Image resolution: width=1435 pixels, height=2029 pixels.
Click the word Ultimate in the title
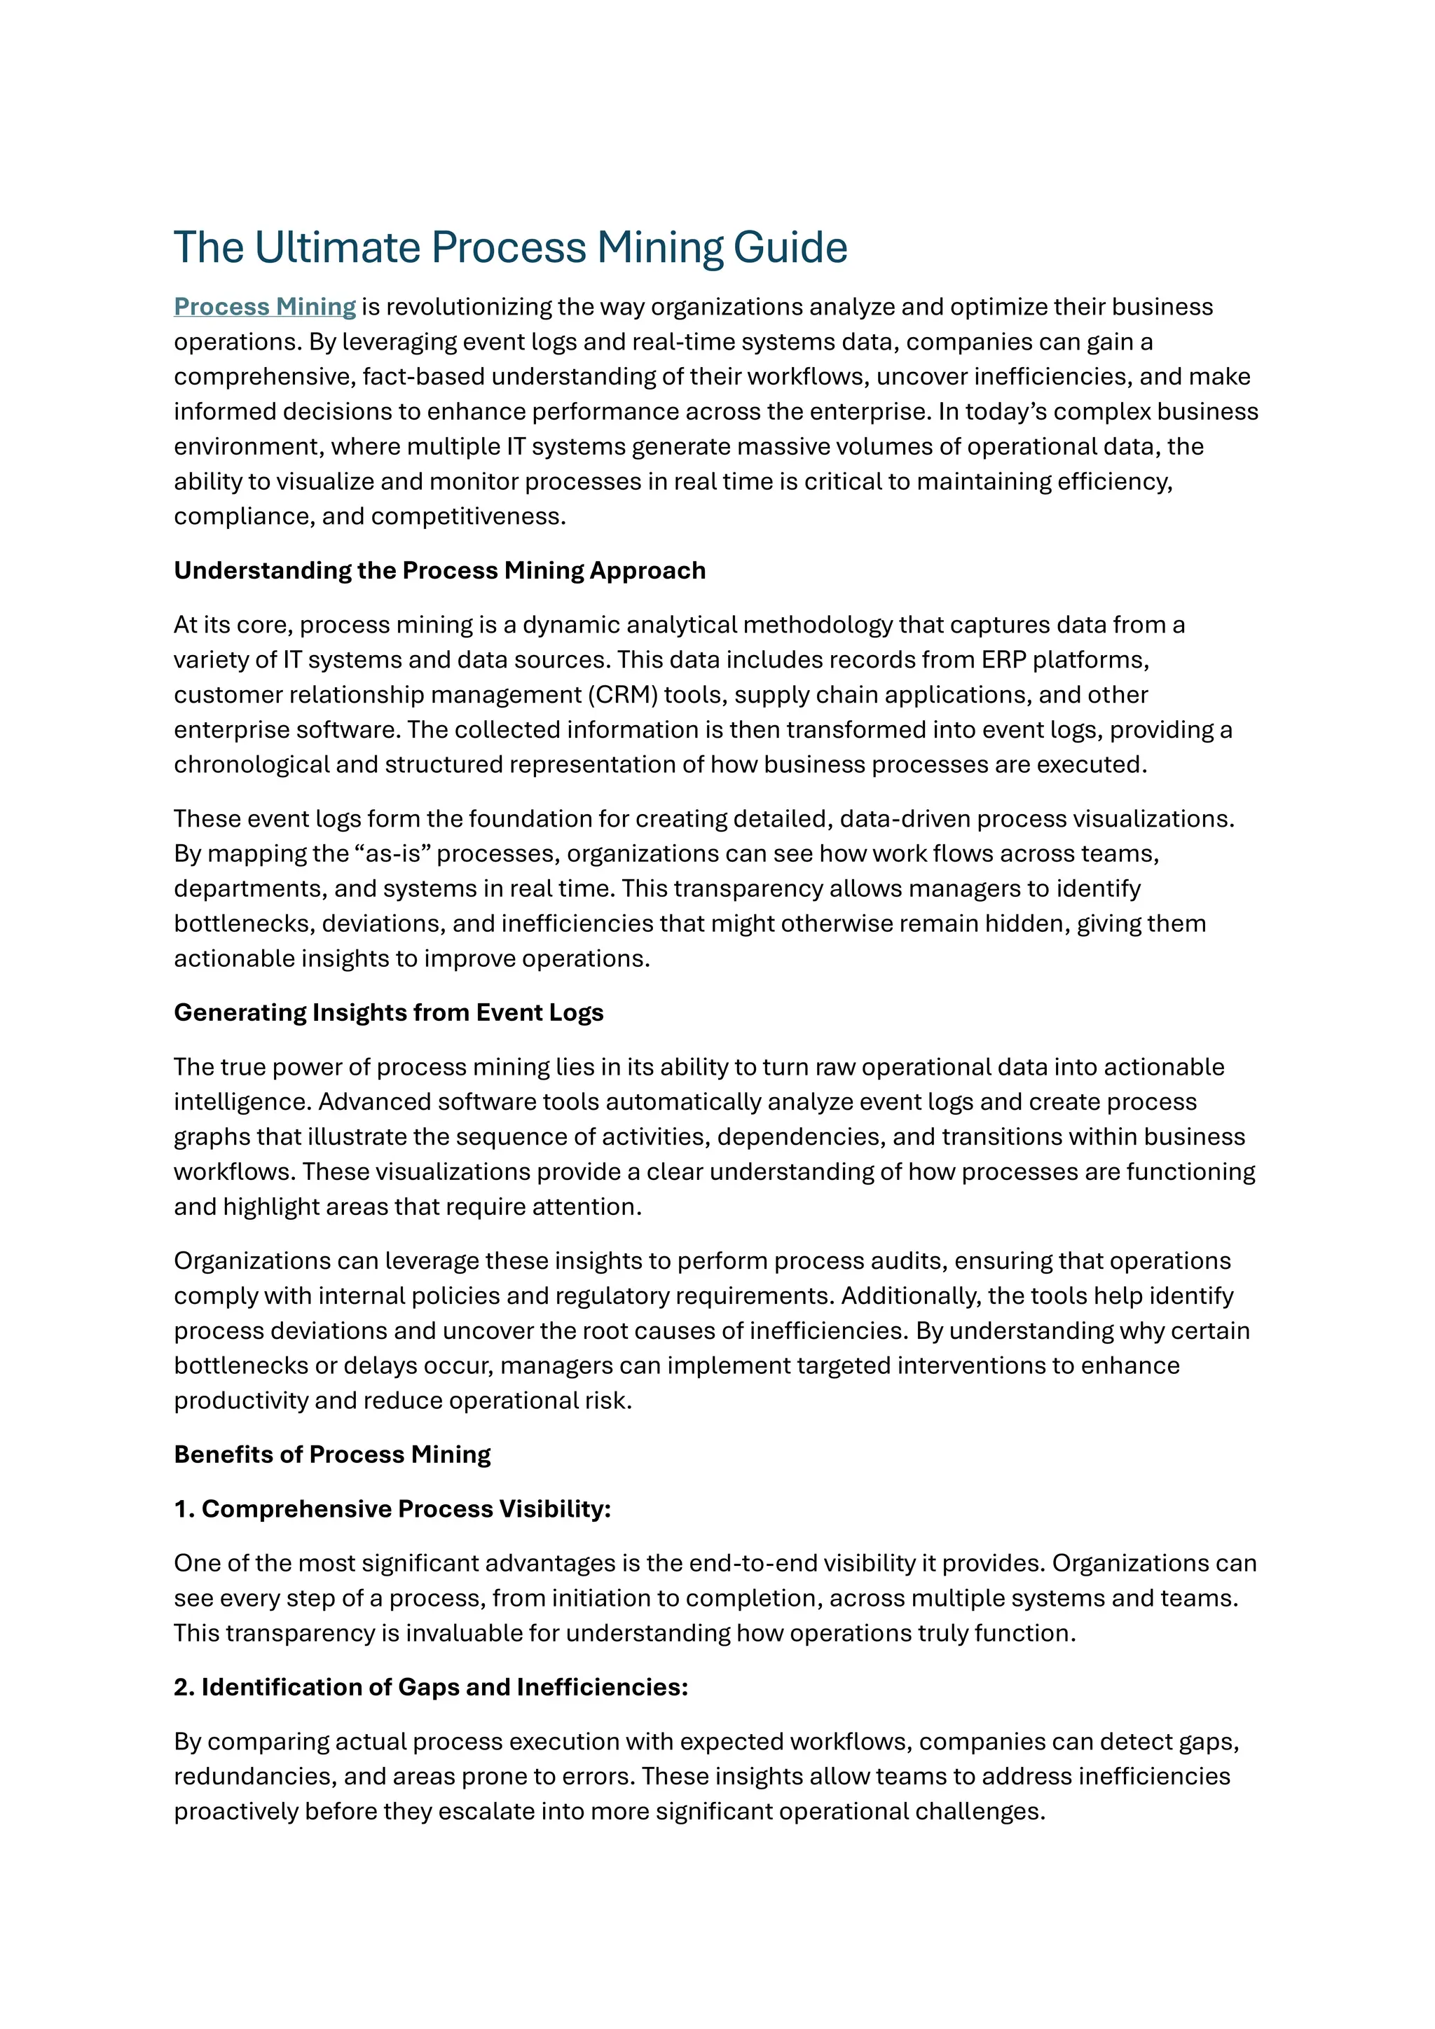point(336,247)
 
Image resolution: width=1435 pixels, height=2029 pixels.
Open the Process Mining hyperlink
point(264,307)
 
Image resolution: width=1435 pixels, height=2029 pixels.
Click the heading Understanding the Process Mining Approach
point(439,571)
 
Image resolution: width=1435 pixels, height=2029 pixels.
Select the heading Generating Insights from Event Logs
point(388,1012)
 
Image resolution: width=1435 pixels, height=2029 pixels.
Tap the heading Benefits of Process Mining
point(331,1454)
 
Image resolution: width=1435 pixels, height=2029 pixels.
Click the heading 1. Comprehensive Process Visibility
point(392,1508)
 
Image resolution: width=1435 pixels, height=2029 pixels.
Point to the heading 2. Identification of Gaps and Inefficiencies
point(430,1687)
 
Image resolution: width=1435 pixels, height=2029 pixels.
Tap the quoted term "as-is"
point(386,853)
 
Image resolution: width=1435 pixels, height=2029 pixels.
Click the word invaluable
point(465,1633)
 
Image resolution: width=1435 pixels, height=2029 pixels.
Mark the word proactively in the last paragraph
point(236,1812)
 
